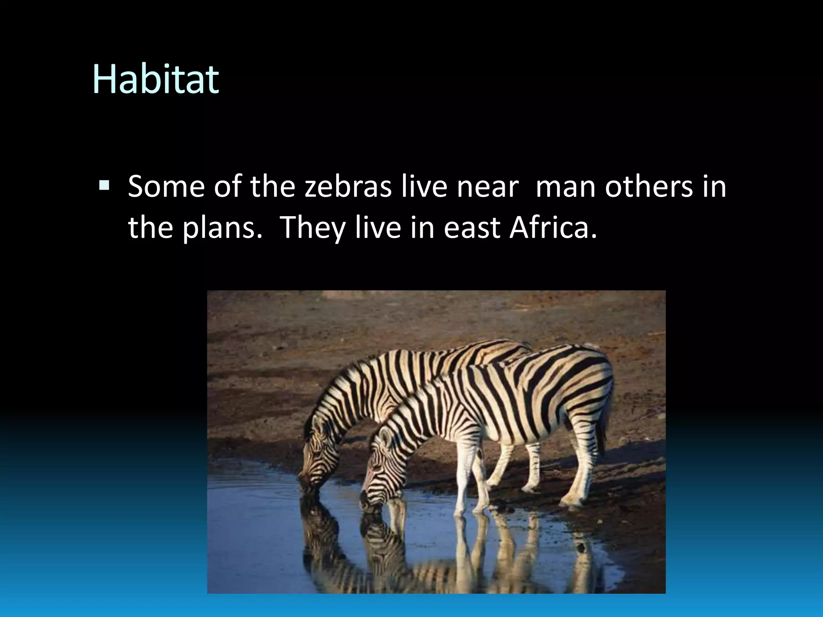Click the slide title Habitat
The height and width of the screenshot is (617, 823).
point(156,79)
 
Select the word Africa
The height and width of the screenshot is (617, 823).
point(553,227)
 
